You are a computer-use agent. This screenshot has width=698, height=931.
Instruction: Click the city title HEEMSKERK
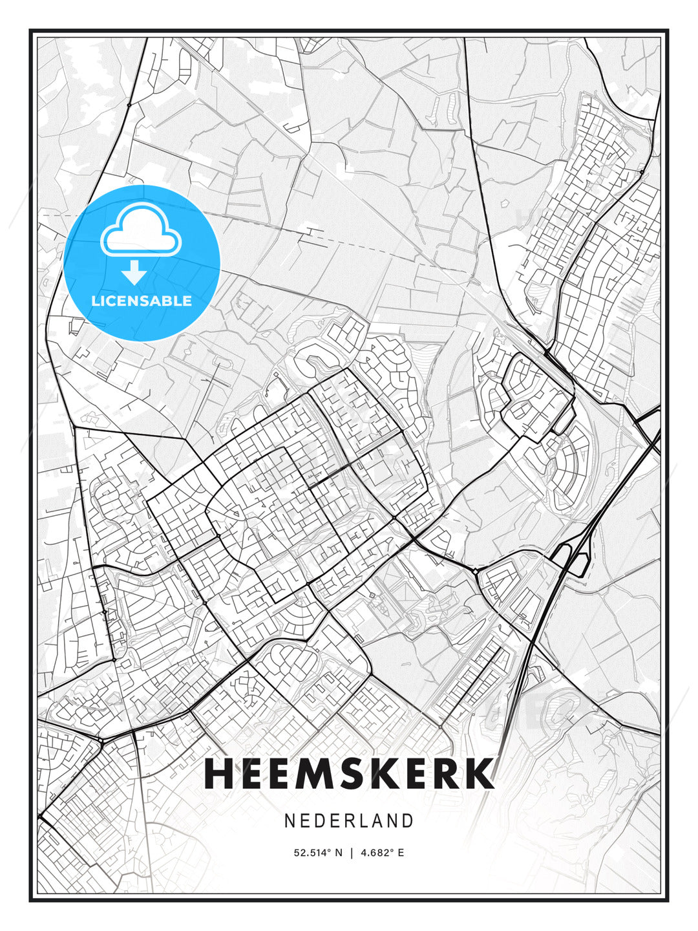(349, 774)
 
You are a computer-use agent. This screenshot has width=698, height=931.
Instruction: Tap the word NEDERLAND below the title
(349, 820)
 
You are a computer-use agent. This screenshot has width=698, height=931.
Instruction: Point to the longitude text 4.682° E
(383, 853)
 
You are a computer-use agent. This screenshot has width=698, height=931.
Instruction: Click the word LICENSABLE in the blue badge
(142, 301)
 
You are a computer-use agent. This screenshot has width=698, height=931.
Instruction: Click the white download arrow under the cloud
(134, 273)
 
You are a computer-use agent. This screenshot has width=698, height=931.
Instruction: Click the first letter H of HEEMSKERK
(218, 774)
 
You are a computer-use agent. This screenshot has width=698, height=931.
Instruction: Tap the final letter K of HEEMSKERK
(479, 774)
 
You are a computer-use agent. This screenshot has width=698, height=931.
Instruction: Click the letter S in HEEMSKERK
(352, 774)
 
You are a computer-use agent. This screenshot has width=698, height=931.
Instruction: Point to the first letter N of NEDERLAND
(290, 820)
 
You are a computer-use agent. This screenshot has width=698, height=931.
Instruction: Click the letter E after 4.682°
(401, 853)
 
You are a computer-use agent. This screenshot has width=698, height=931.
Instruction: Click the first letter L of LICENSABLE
(95, 301)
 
